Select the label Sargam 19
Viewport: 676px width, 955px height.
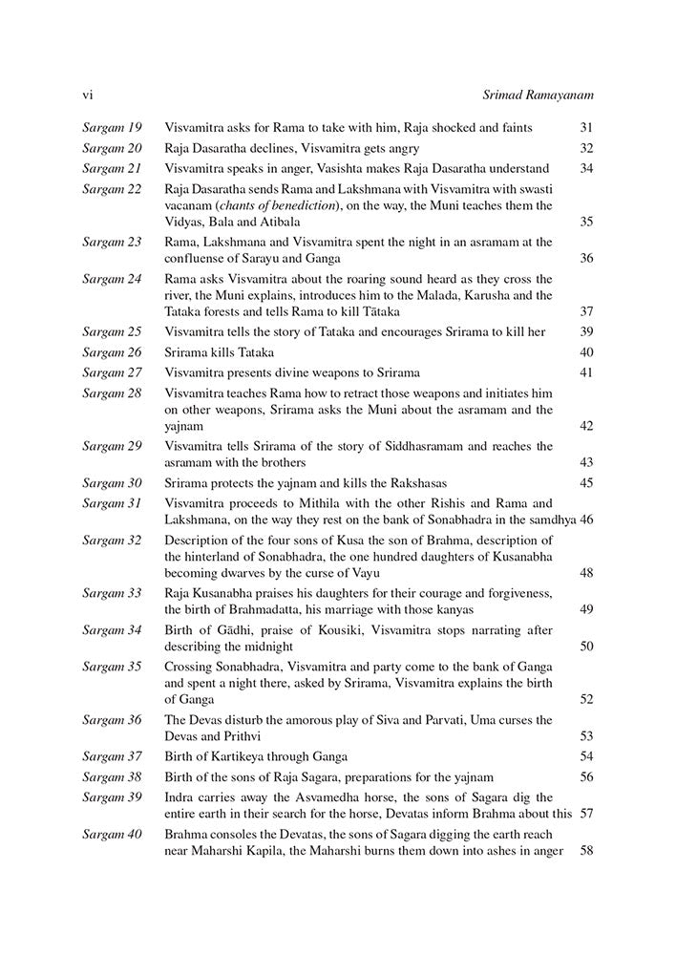point(112,127)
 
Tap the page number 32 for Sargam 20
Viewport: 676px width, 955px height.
point(586,148)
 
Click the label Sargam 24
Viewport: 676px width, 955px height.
point(112,279)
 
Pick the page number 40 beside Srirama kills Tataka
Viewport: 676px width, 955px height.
point(586,351)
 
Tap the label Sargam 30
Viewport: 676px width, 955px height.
point(112,483)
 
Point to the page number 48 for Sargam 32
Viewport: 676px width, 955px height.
point(586,573)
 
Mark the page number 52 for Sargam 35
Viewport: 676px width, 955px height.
point(586,699)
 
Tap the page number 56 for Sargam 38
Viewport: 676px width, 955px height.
point(586,776)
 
